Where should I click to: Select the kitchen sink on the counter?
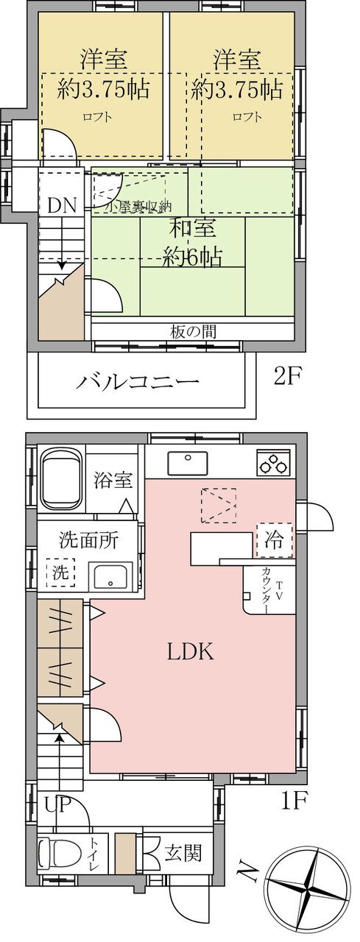[x=188, y=463]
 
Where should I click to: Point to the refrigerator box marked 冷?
[x=274, y=540]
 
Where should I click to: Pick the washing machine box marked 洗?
[x=60, y=573]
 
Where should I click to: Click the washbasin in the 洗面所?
[x=110, y=576]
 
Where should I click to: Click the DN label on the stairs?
[x=61, y=205]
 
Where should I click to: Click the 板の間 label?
[x=194, y=332]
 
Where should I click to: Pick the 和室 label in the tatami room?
[x=193, y=228]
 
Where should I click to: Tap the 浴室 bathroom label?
[x=113, y=479]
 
